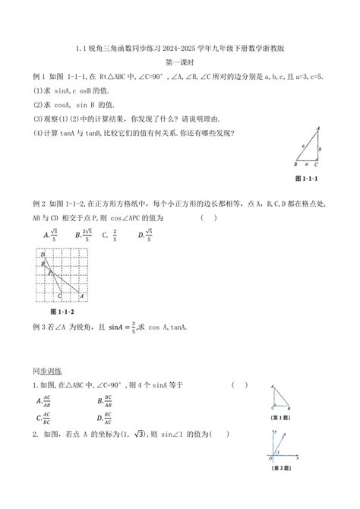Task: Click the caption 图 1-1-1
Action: coord(307,178)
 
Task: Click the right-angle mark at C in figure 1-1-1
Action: coord(314,160)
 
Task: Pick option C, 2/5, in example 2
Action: coord(109,234)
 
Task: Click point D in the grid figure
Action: coord(44,256)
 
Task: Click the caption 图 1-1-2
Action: coord(50,311)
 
